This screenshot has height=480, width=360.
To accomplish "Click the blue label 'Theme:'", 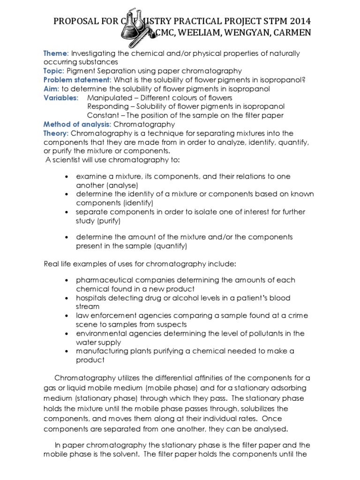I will point(56,53).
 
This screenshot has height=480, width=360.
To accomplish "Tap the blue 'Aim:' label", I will point(52,89).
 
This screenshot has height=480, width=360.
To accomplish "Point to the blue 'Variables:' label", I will point(61,97).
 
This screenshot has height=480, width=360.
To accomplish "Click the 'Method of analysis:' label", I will point(77,124).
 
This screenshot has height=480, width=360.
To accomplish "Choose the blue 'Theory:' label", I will point(57,133).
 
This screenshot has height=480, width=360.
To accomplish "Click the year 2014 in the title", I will point(297,22).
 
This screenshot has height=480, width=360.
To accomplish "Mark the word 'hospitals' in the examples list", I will point(92,298).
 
